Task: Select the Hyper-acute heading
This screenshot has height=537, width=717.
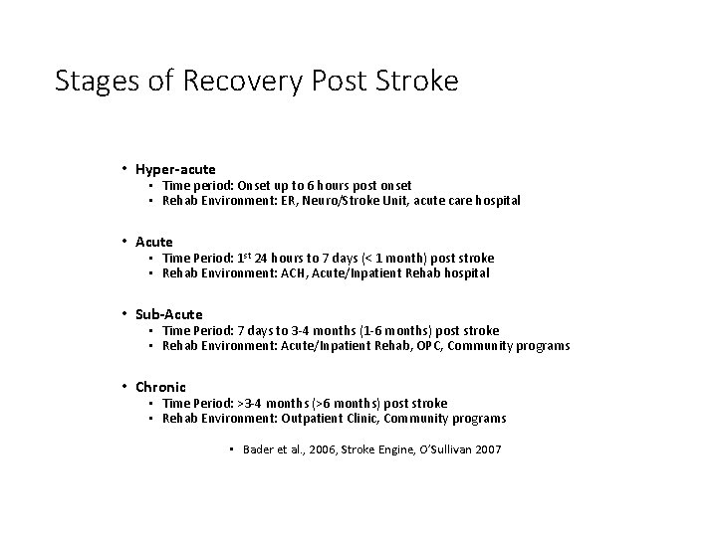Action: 176,169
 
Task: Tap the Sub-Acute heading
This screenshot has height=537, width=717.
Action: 169,314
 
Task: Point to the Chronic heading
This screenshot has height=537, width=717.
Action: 161,387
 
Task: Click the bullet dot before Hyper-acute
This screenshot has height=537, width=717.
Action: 123,169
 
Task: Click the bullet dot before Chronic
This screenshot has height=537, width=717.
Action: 123,387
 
